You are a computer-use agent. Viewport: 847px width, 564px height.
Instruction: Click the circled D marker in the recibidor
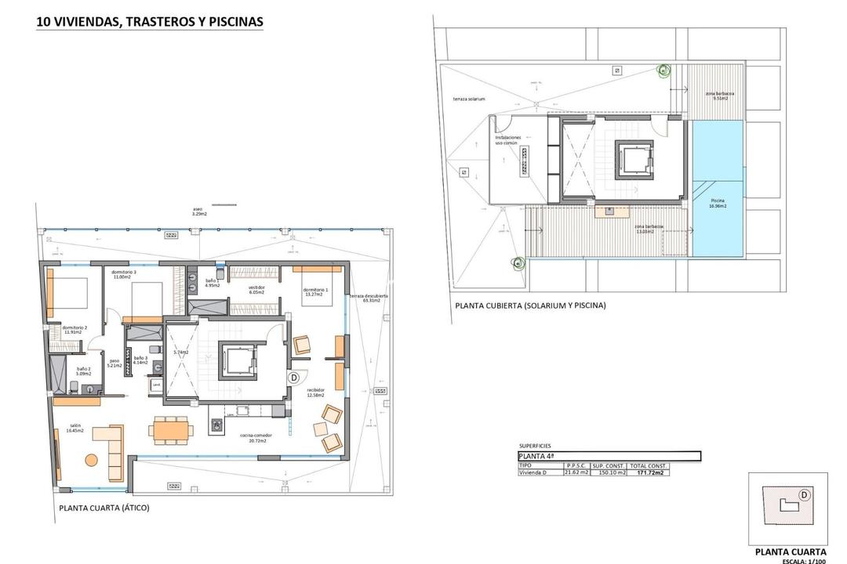(294, 377)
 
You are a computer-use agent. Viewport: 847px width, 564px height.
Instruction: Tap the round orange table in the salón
(92, 459)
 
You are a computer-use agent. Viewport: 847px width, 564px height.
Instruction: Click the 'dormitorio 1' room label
(316, 292)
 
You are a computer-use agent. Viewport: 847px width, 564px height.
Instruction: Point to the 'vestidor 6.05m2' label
(256, 290)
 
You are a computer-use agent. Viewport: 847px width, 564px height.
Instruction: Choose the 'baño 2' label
(84, 371)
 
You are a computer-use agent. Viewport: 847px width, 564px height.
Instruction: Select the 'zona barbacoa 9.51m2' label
(714, 96)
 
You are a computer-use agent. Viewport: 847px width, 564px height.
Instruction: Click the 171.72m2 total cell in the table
(649, 473)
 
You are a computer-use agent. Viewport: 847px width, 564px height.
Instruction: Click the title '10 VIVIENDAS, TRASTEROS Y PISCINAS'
(150, 22)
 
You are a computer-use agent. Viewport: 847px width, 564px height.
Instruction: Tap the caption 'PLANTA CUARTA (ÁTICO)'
(104, 508)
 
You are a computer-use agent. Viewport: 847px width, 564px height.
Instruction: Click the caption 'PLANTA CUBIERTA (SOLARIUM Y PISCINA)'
(530, 305)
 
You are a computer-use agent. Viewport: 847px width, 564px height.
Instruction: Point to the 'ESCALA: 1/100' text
(804, 559)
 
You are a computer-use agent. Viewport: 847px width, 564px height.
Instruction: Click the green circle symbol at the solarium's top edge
(664, 71)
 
